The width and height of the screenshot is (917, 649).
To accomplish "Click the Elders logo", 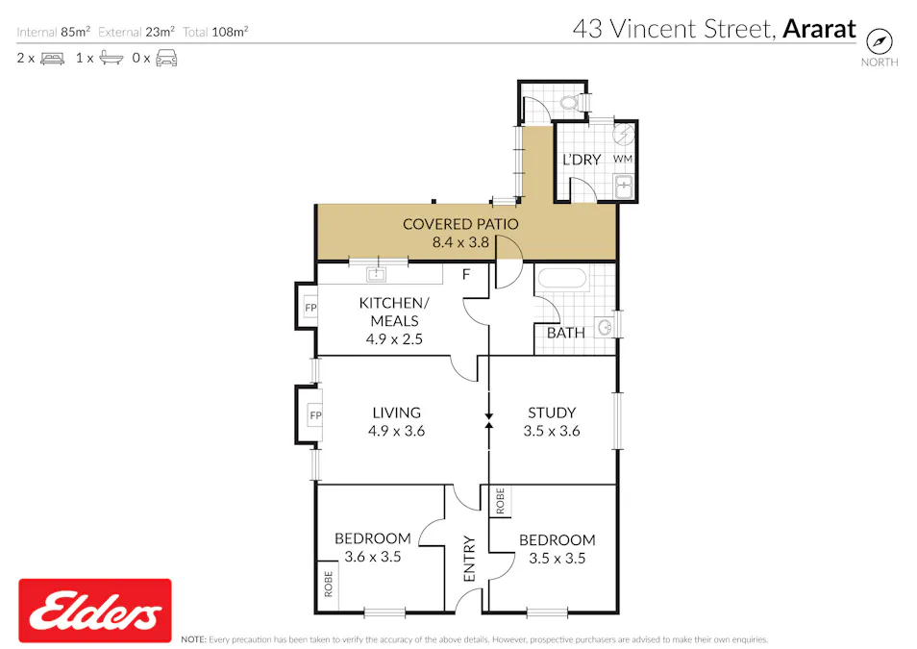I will (95, 611).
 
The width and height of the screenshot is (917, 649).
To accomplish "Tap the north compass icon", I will (880, 41).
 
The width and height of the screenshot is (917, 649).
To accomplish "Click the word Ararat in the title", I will (819, 29).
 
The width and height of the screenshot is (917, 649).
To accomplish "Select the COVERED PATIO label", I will (460, 224).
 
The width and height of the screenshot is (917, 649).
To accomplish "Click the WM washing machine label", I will (623, 158).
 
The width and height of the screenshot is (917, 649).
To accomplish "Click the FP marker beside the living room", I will (313, 414).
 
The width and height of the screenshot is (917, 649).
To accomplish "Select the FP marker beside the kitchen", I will (310, 308).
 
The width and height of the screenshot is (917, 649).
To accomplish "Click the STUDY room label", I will (552, 412).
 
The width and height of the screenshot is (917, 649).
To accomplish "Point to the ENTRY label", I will (470, 559).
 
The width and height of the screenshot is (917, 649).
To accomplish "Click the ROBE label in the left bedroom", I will (328, 586).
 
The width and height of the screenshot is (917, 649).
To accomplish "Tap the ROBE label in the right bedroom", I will (501, 500).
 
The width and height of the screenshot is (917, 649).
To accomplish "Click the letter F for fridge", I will (466, 275).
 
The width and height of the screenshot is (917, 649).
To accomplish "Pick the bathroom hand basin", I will (604, 327).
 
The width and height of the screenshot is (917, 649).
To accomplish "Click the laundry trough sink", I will (623, 185).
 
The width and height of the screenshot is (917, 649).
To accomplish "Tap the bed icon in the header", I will (52, 58).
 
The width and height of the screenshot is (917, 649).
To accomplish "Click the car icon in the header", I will (166, 58).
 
